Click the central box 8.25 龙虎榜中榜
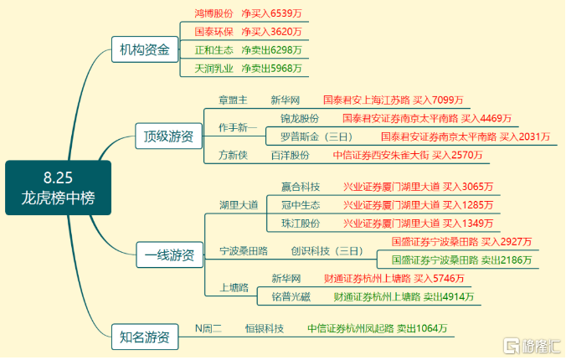click(58, 188)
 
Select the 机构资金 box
click(145, 49)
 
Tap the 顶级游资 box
click(168, 136)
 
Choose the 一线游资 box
click(169, 255)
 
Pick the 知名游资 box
click(145, 337)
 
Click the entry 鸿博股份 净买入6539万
click(248, 13)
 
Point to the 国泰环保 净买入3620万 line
click(248, 32)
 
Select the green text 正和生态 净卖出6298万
click(248, 50)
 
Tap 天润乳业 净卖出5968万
click(248, 69)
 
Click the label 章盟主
click(233, 100)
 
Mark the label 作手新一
click(238, 127)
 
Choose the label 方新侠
click(233, 155)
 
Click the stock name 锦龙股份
click(300, 118)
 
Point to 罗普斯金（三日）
click(316, 136)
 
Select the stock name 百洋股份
click(291, 155)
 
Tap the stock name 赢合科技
click(301, 187)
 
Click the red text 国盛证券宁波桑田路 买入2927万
click(461, 242)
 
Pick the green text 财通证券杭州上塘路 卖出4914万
click(404, 297)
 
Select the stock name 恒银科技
click(265, 328)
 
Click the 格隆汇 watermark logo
click(532, 346)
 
